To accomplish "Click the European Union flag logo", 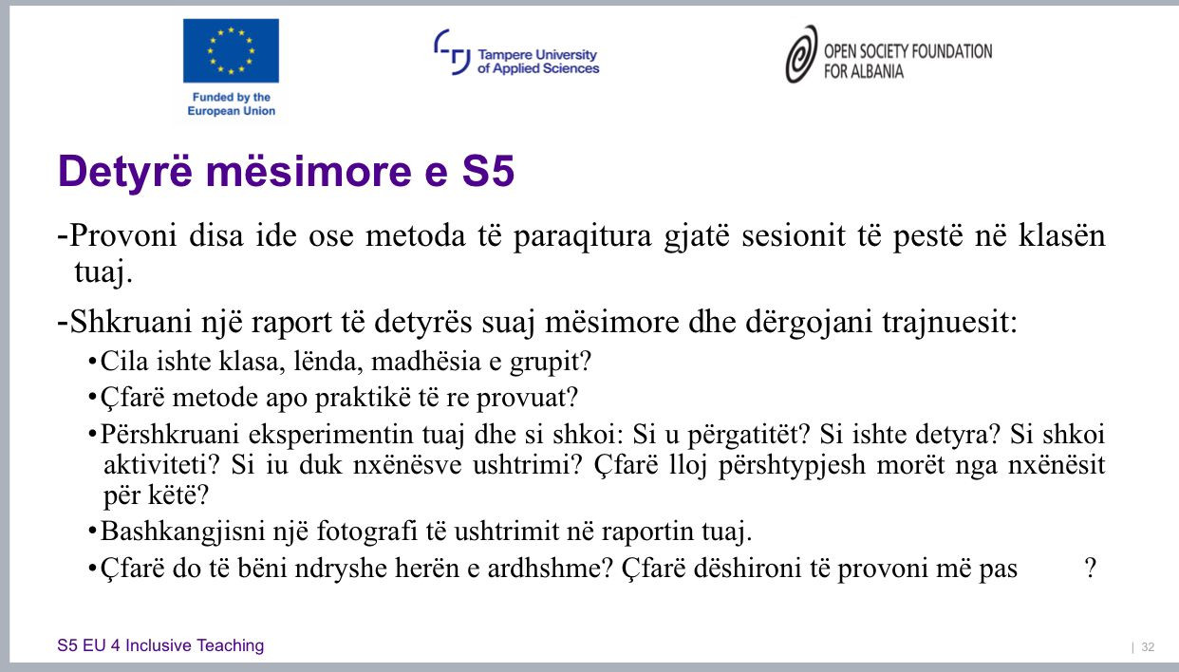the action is coord(231,50).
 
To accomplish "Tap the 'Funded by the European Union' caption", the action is coord(232,103).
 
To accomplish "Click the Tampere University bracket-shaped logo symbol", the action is coord(452,51).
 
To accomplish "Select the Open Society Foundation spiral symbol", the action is coord(801,54).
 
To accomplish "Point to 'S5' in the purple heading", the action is coord(489,171).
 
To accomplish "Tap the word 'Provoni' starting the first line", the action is coord(123,234).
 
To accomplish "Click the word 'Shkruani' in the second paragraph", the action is coord(131,321).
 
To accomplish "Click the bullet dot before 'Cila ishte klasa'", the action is coord(92,362).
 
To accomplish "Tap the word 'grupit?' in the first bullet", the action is coord(551,362).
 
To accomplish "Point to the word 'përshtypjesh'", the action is coord(792,465).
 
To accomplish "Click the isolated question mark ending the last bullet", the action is coord(1091,568).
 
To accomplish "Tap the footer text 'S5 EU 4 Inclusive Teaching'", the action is coord(160,645).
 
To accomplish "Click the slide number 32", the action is coord(1148,646).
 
